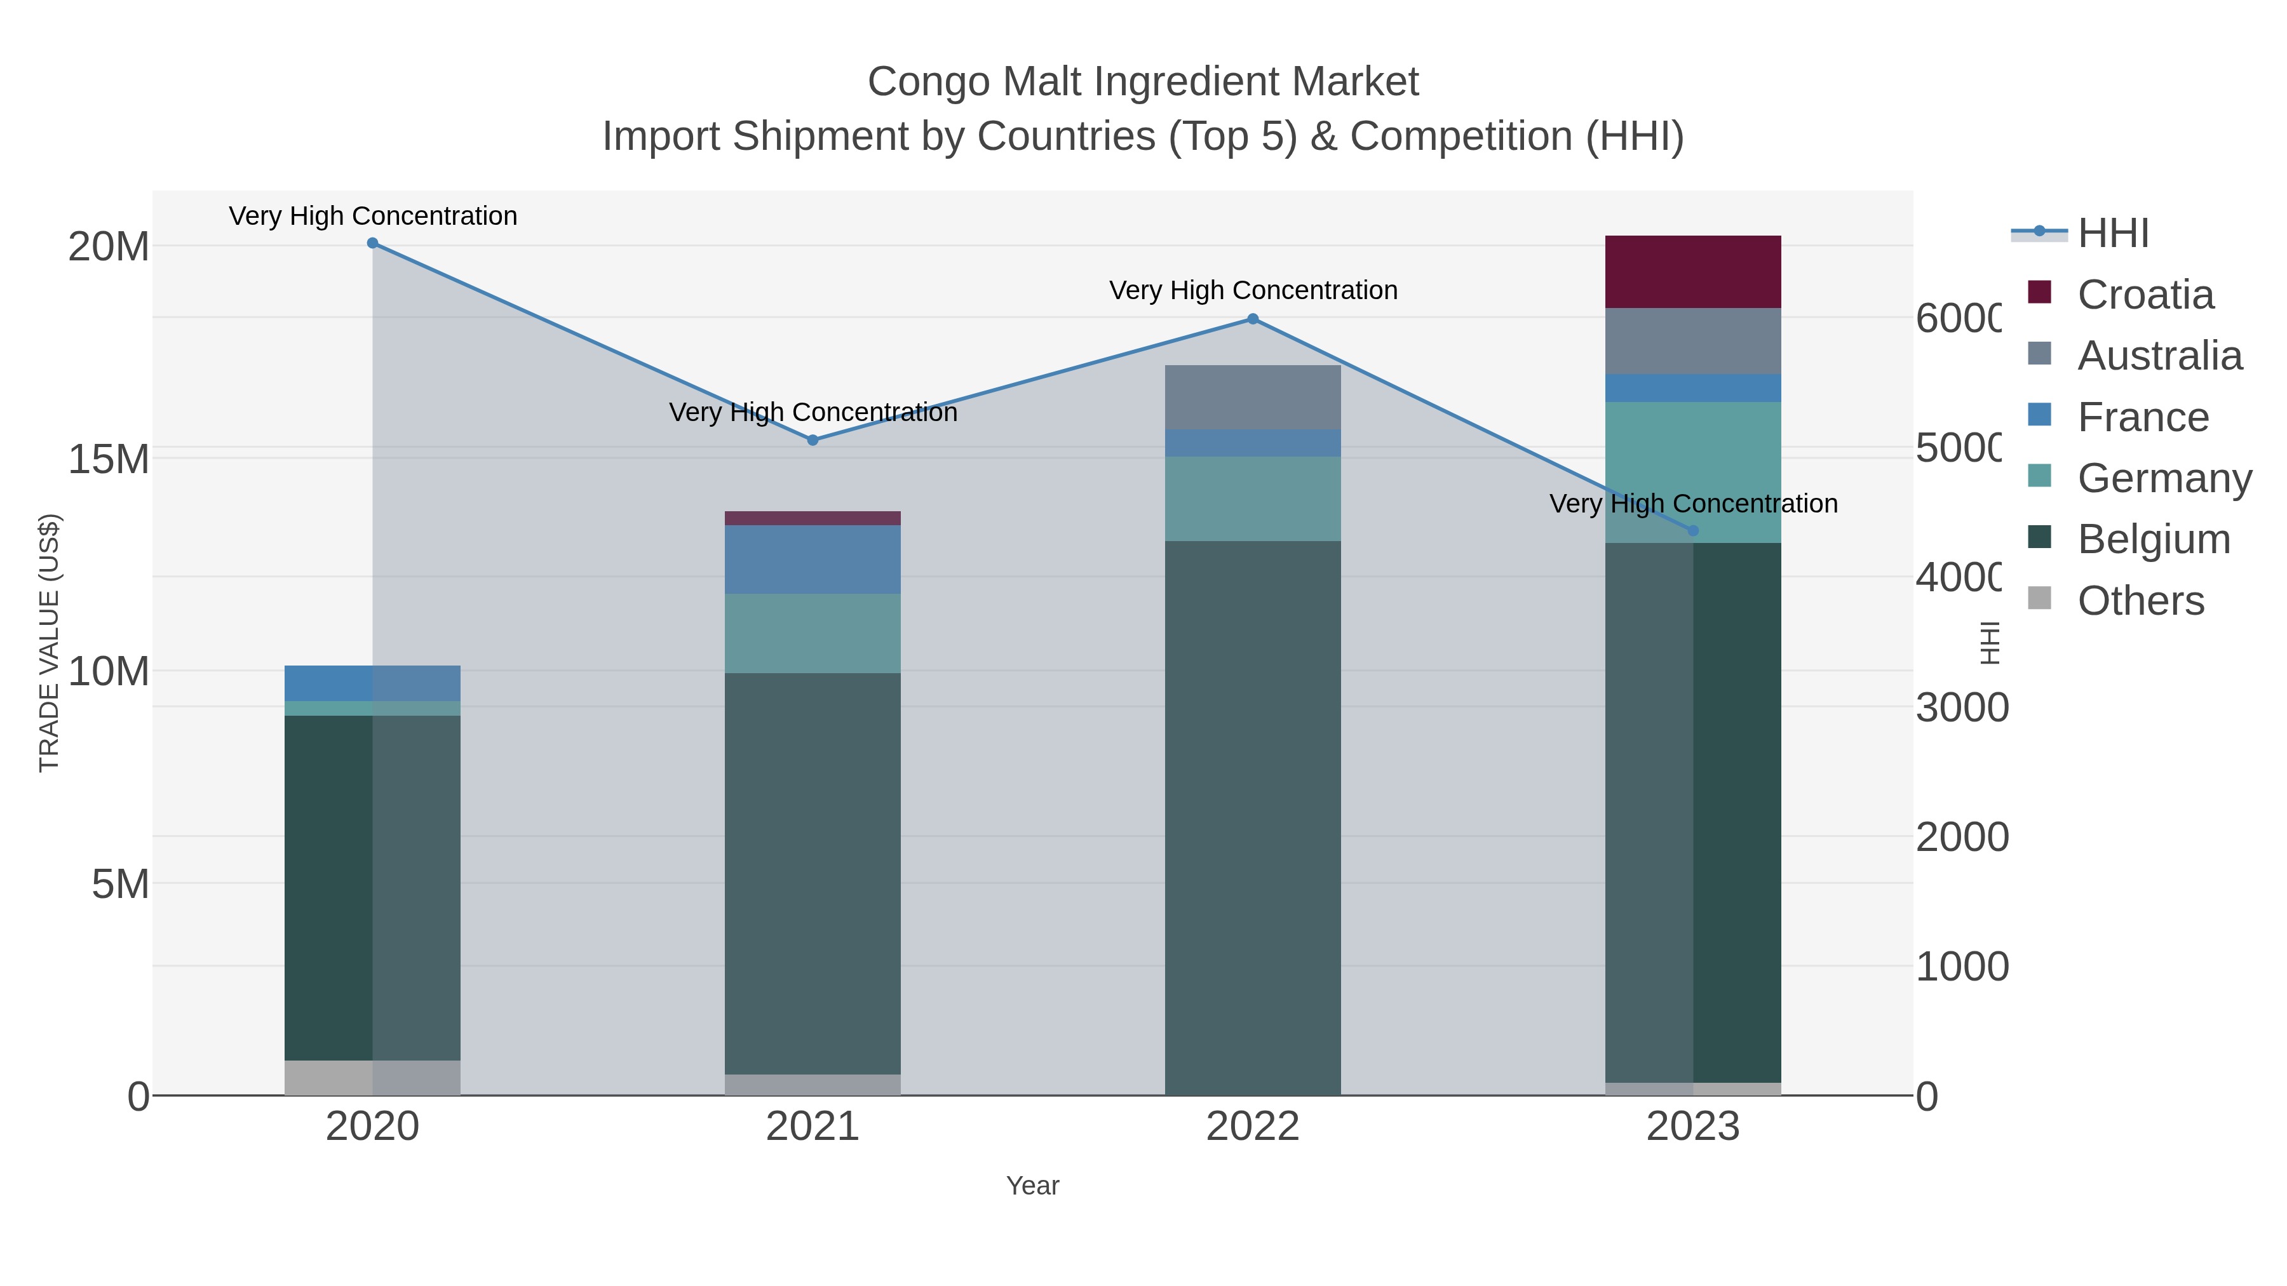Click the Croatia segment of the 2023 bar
click(x=1692, y=272)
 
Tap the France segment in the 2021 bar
click(x=813, y=559)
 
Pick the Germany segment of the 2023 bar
click(x=1692, y=472)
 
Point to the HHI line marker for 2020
click(x=373, y=243)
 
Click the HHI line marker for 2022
click(x=1253, y=319)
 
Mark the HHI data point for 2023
click(x=1692, y=531)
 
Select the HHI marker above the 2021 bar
click(x=813, y=440)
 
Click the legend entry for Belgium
click(x=2153, y=539)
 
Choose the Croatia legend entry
click(x=2145, y=295)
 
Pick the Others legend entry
click(x=2140, y=601)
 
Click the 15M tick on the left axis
click(x=108, y=459)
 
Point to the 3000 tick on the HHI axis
click(x=1960, y=707)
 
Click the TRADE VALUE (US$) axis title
click(x=50, y=643)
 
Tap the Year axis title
click(x=1032, y=1186)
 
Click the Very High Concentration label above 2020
click(x=373, y=216)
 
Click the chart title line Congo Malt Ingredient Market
click(x=1143, y=82)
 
